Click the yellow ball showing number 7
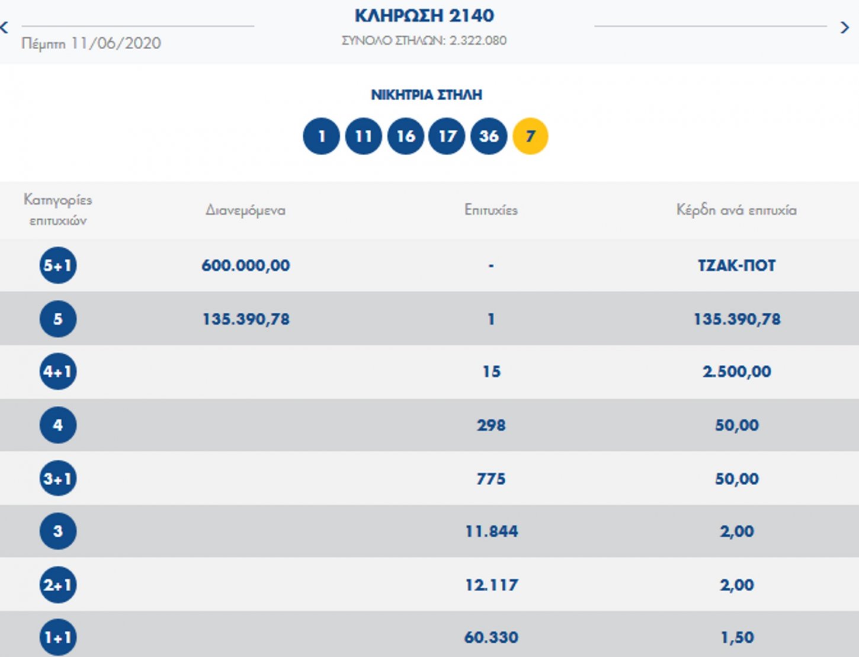530,136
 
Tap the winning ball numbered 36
489,136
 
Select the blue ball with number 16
405,136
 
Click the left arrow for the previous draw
5,27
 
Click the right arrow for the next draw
845,27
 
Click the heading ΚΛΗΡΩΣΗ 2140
424,15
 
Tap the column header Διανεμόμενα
245,210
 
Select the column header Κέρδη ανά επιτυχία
736,210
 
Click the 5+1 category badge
57,265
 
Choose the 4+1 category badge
57,372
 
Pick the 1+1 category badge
57,637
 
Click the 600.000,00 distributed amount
245,265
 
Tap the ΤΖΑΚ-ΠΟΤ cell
736,265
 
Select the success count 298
491,425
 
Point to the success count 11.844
491,531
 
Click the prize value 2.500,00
736,372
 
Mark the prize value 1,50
736,637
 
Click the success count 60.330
491,637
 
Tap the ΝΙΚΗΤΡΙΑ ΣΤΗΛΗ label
427,95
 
